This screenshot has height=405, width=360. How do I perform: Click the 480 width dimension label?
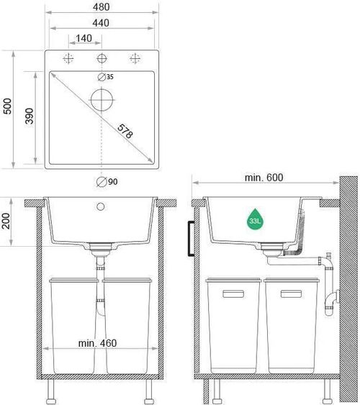102,7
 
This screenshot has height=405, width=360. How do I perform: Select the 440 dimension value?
101,23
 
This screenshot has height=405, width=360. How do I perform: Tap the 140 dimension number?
84,38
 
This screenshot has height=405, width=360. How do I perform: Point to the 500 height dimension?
7,106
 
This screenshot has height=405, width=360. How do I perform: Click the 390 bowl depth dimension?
30,116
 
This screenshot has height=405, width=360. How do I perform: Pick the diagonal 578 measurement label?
125,131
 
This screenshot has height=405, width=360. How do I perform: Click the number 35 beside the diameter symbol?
110,77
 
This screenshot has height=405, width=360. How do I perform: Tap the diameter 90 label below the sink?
107,181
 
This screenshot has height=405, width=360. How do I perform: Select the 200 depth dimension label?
6,221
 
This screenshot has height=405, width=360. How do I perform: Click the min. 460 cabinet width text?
97,343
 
